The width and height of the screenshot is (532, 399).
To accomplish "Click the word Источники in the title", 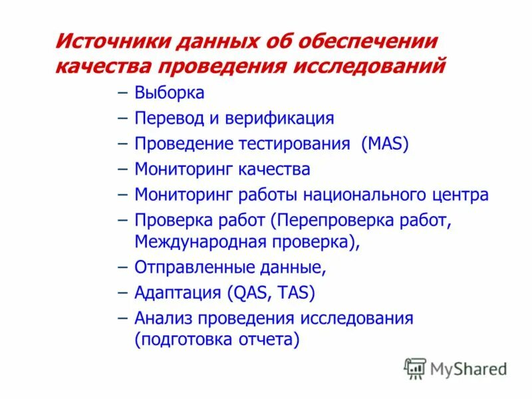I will [111, 43].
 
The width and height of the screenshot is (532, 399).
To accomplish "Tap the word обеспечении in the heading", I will [369, 43].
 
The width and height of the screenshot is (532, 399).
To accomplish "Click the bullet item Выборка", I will [169, 93].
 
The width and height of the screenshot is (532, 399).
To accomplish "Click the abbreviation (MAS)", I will [385, 144].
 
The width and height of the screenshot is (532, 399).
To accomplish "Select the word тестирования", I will [296, 144].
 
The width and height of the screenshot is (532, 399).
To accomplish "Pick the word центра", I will [464, 195].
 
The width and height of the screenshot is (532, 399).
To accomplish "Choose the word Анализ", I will [162, 318].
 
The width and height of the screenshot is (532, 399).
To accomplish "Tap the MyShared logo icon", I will [415, 368].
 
